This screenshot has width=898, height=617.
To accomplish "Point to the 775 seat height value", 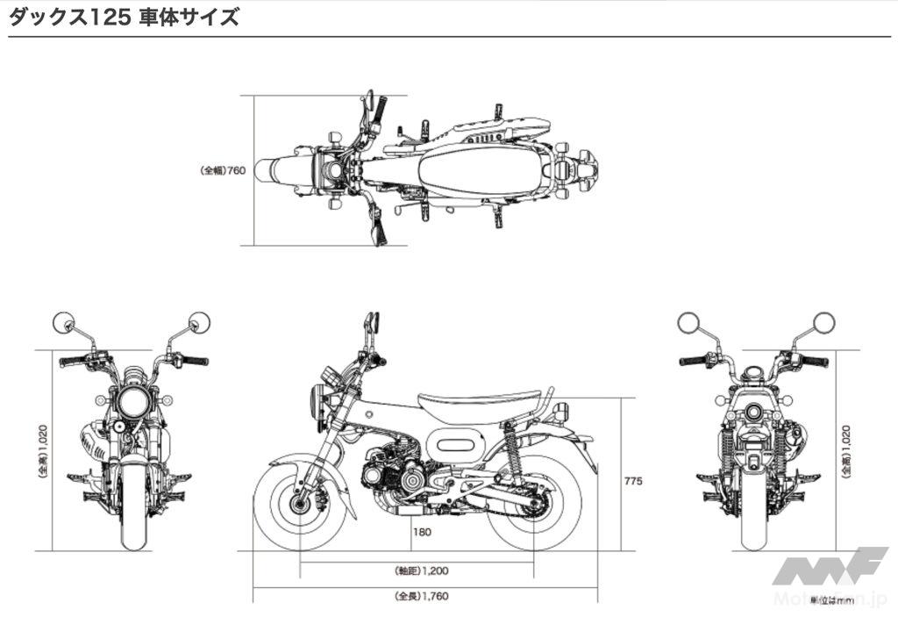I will (634, 480).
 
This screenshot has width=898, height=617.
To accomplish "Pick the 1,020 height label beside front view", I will (42, 451).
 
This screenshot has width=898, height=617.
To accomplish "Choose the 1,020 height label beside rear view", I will (846, 451).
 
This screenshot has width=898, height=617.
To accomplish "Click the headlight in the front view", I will (134, 403).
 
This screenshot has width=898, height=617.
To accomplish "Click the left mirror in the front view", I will (64, 322).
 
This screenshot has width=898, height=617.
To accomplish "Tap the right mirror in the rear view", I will (823, 322).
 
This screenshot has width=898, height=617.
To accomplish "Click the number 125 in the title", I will (112, 18).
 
